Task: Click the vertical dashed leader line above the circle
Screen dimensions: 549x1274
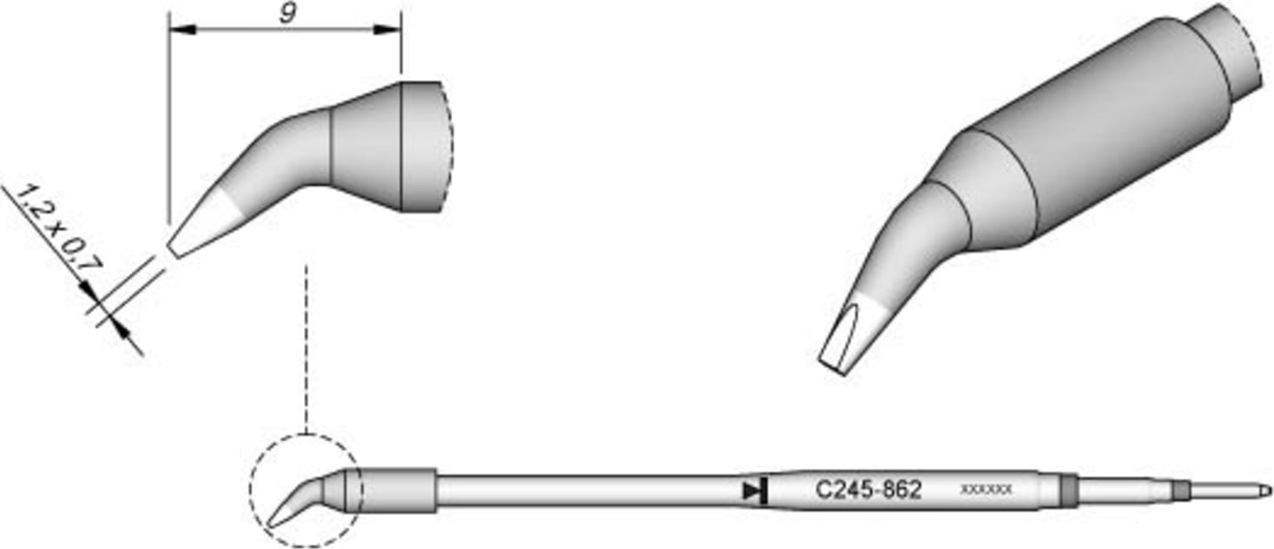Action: (307, 347)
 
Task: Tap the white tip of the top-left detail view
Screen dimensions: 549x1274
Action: (201, 224)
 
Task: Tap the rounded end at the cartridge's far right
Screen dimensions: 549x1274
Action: (1264, 491)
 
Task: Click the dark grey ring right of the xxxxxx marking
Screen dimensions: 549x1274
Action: (1068, 491)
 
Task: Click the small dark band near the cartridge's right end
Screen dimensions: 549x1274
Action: (1179, 491)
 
